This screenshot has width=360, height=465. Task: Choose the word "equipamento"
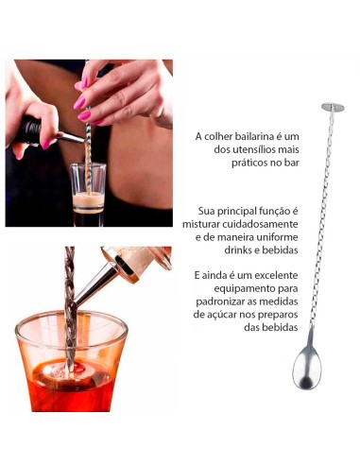point(236,287)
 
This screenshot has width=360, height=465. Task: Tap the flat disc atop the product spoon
point(333,107)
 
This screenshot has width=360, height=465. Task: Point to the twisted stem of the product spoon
point(321,217)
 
